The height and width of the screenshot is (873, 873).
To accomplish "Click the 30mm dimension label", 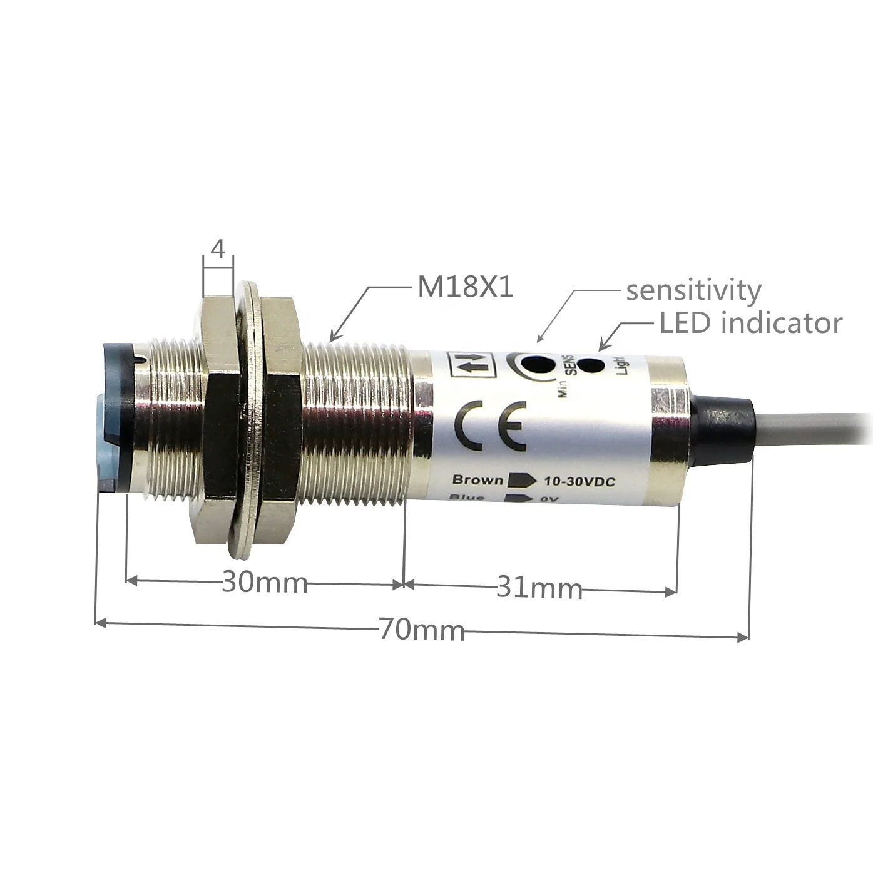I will [265, 583].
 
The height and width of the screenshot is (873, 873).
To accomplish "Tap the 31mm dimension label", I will [539, 588].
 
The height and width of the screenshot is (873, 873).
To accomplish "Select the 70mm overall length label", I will [421, 629].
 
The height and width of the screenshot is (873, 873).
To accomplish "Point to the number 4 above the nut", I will [218, 250].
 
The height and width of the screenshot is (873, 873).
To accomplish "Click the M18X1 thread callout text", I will [465, 287].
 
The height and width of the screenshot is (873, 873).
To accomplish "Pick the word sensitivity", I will [693, 290].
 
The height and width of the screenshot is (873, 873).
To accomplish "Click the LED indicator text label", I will [750, 323].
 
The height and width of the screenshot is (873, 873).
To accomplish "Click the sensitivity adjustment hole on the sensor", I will [538, 365].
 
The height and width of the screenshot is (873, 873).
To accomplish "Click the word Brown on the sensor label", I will [477, 480].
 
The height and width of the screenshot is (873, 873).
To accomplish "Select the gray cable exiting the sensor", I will [814, 435].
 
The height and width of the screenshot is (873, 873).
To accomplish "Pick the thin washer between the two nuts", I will [248, 419].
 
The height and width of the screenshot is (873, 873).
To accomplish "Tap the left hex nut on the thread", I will [218, 419].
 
